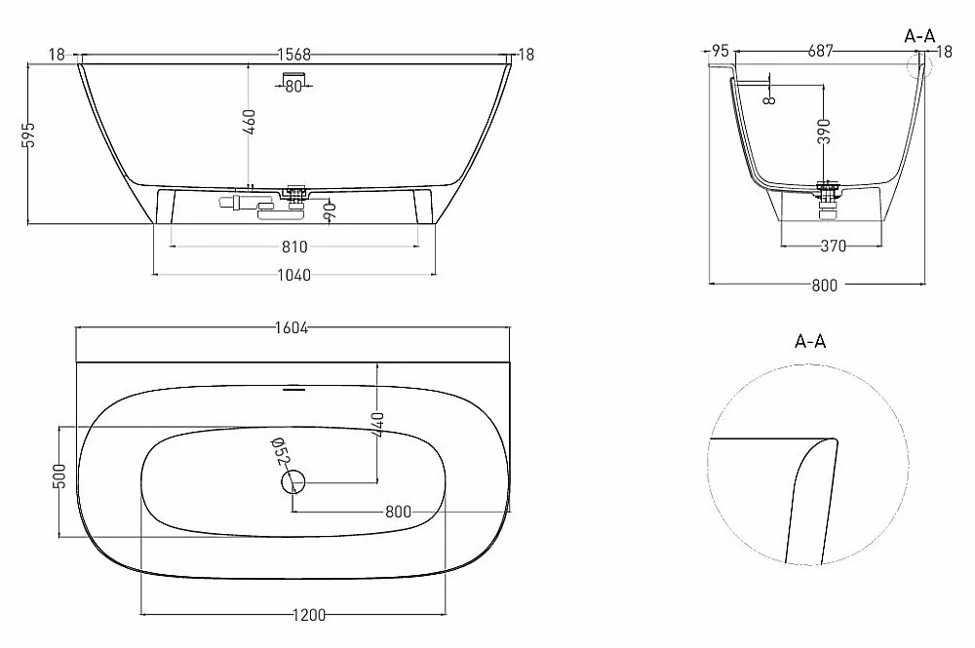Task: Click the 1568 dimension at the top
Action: (293, 55)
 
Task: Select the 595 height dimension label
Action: (29, 134)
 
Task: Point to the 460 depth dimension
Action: (249, 122)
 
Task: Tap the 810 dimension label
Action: (294, 248)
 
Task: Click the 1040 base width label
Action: (293, 275)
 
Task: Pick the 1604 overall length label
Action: (292, 328)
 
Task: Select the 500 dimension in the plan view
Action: (59, 476)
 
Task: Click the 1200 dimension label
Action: (309, 615)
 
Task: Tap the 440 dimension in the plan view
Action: (377, 424)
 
